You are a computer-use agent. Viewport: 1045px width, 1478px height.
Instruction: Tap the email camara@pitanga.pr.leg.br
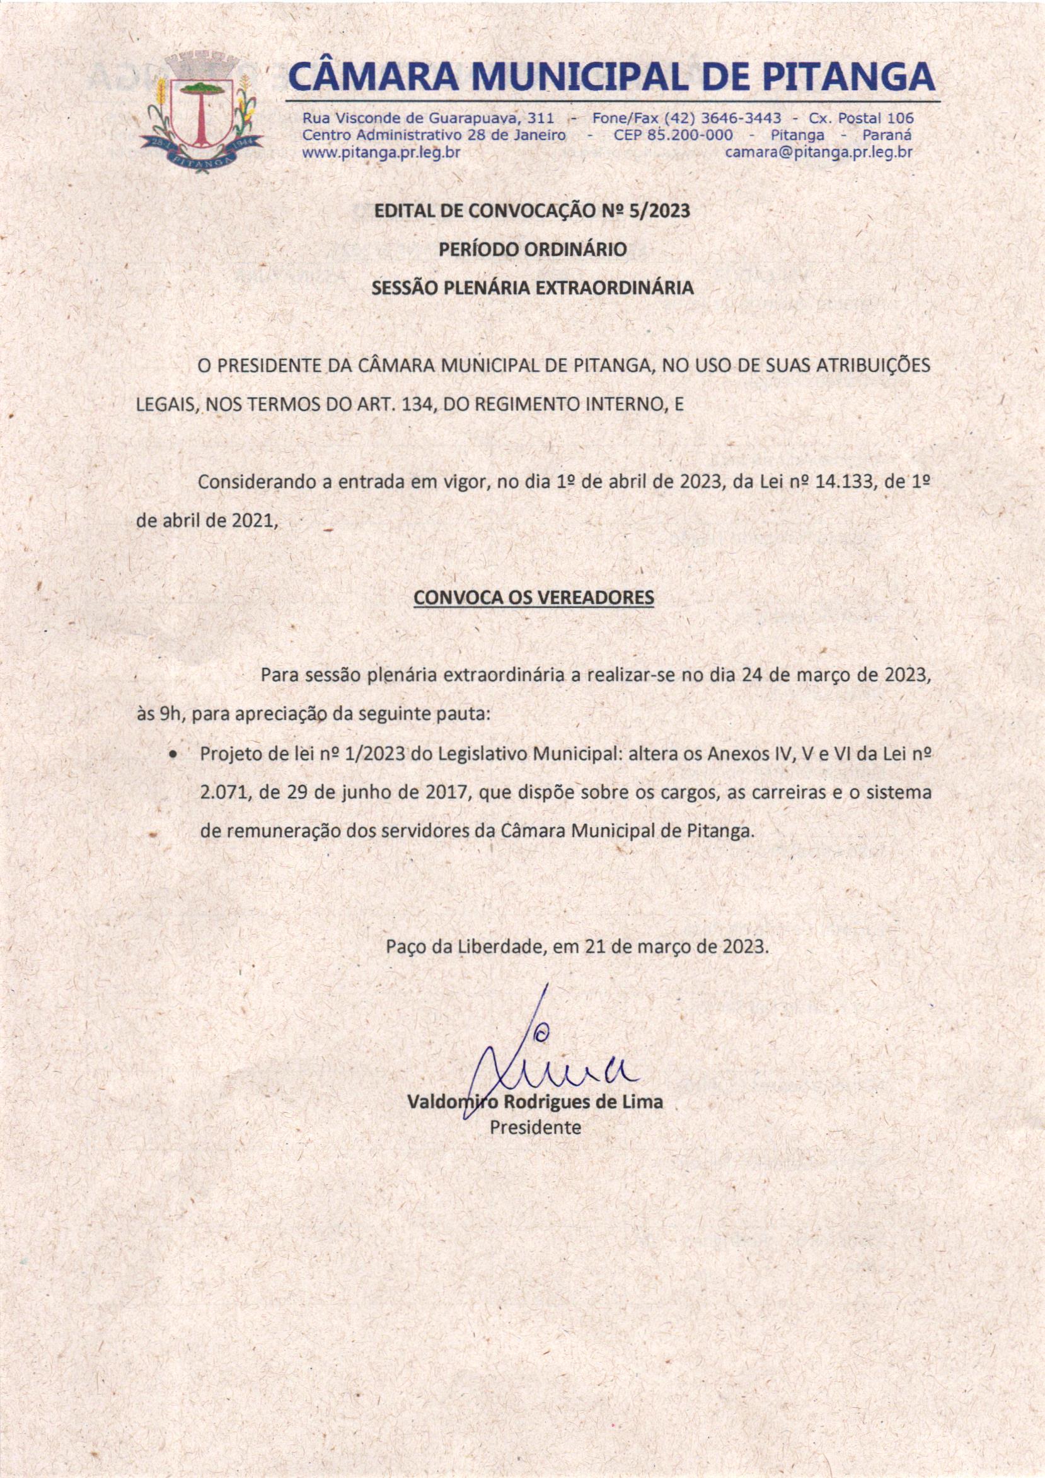click(819, 153)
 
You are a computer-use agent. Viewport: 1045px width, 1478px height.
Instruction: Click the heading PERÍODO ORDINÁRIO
click(532, 250)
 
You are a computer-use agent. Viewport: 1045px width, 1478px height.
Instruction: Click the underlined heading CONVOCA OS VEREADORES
click(533, 597)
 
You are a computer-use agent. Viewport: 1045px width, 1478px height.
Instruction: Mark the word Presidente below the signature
click(534, 1127)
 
